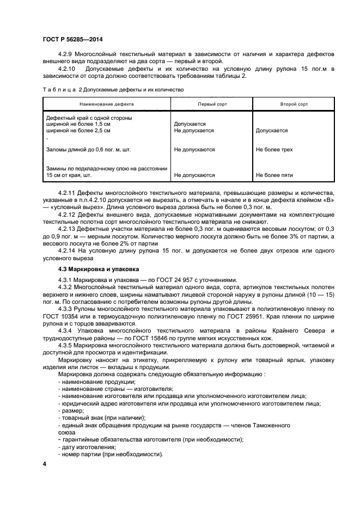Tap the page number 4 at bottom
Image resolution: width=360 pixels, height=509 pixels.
(x=45, y=463)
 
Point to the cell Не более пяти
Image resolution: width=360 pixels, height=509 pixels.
(x=274, y=175)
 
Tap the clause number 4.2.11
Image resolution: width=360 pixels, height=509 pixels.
(x=68, y=193)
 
